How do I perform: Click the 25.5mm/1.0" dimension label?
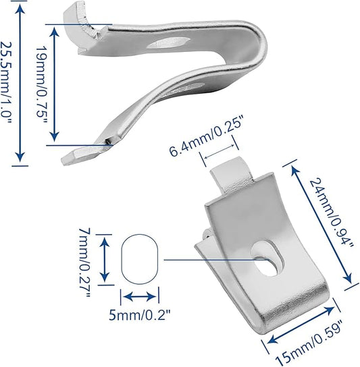point(6,83)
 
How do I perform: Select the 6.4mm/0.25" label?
point(205,138)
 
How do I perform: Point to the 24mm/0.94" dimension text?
point(331,212)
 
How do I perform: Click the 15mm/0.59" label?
point(309,343)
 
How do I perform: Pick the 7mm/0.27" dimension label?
point(84,262)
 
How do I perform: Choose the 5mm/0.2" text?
point(139,316)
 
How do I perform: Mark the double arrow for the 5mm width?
point(140,297)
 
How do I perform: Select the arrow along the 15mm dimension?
point(301,324)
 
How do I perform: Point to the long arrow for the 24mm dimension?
point(321,224)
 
